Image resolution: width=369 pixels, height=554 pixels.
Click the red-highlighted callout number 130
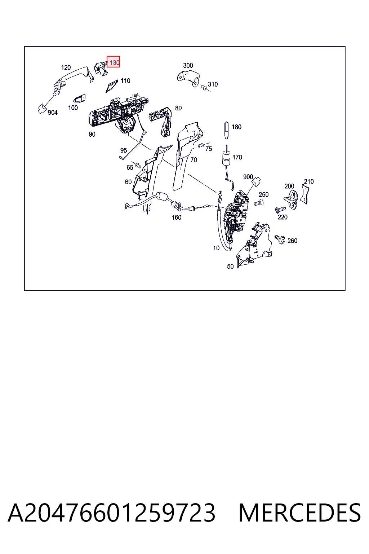click(115, 62)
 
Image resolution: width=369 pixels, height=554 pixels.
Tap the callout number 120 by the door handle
click(66, 67)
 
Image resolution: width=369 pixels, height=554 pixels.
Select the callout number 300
click(188, 65)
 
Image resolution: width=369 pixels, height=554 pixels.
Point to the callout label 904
click(53, 113)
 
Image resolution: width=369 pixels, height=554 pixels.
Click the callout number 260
click(292, 241)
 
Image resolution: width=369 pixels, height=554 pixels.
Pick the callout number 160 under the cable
click(177, 217)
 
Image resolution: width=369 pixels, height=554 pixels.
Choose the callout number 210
click(309, 181)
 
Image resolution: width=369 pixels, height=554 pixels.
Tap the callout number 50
click(230, 267)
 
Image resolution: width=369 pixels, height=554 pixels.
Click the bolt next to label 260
click(280, 239)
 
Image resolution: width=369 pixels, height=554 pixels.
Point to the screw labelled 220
click(280, 210)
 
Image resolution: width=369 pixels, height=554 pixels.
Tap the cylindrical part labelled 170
click(226, 159)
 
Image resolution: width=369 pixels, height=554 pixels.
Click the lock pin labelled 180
click(226, 130)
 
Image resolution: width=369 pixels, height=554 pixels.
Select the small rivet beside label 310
click(204, 87)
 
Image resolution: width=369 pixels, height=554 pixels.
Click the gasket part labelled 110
click(111, 86)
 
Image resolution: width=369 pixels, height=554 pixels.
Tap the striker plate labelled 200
click(291, 199)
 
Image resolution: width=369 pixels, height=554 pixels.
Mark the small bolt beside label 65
click(138, 165)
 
